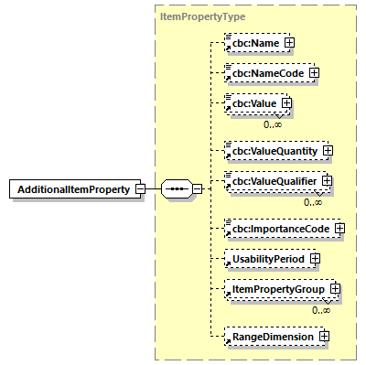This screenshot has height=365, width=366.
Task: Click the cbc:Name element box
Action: pyautogui.click(x=253, y=42)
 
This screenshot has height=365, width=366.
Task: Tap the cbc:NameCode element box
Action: pyautogui.click(x=265, y=72)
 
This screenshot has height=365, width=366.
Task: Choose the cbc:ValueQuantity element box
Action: pyautogui.click(x=272, y=150)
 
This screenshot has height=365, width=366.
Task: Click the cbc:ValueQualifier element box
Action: pyautogui.click(x=273, y=181)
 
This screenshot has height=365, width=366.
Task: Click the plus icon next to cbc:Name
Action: pyautogui.click(x=289, y=42)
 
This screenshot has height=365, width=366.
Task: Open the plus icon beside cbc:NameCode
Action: pyautogui.click(x=313, y=72)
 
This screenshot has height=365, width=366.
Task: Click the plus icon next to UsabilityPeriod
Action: pyautogui.click(x=314, y=259)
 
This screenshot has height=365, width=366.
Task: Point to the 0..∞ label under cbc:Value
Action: pyautogui.click(x=273, y=123)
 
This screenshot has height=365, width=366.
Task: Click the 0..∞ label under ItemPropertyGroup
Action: pyautogui.click(x=320, y=310)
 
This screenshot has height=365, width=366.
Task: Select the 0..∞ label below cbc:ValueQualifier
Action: pyautogui.click(x=313, y=201)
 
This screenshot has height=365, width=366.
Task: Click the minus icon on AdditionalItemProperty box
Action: pyautogui.click(x=139, y=189)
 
